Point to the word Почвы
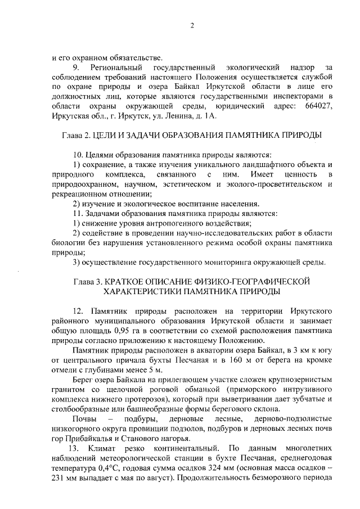tap(84, 420)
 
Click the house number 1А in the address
tap(209, 115)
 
